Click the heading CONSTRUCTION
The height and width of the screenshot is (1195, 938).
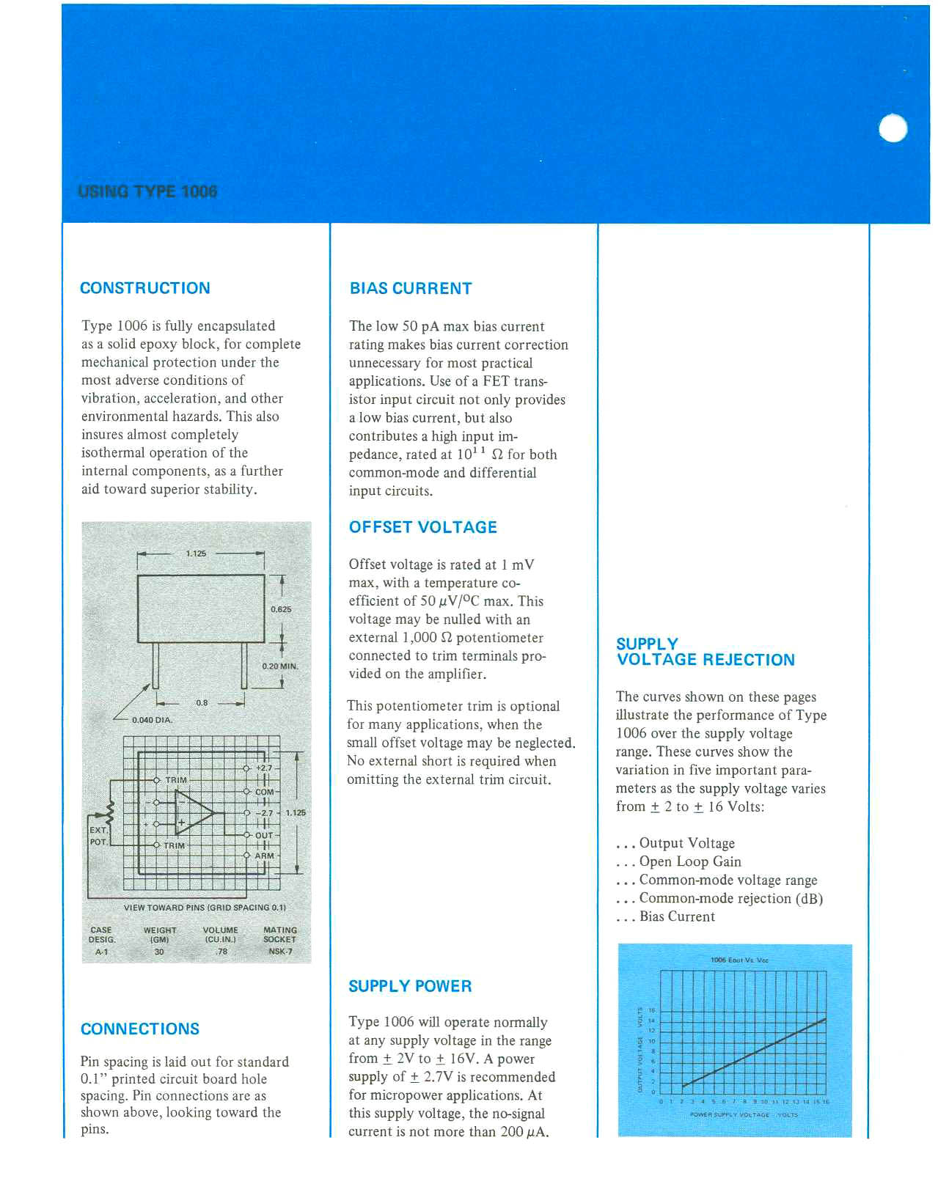coord(144,288)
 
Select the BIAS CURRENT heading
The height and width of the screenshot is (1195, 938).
coord(410,289)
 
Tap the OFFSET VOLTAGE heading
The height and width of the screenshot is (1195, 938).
coord(422,527)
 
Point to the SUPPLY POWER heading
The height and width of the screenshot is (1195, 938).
coord(409,986)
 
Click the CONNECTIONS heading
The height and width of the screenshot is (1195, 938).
coord(139,1029)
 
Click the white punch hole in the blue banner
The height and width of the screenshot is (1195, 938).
coord(893,129)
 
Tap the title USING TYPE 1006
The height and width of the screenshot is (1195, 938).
coord(147,191)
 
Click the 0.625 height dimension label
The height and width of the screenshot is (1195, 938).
coord(280,609)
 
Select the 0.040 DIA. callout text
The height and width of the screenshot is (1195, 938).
coord(152,720)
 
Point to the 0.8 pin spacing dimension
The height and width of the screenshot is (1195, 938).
coord(202,702)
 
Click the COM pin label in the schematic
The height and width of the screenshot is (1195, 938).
coord(264,792)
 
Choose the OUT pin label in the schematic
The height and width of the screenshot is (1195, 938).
coord(263,835)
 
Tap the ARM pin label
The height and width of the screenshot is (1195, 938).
coord(264,856)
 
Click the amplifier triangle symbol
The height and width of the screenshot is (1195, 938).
coord(192,812)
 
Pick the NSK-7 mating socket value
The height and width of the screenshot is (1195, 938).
coord(279,952)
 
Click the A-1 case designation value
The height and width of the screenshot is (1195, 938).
coord(101,952)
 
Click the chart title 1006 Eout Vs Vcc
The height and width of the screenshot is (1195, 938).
coord(739,960)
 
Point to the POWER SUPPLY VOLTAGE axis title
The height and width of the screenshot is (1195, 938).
coord(729,1114)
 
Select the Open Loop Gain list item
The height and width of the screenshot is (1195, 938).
coord(689,861)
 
